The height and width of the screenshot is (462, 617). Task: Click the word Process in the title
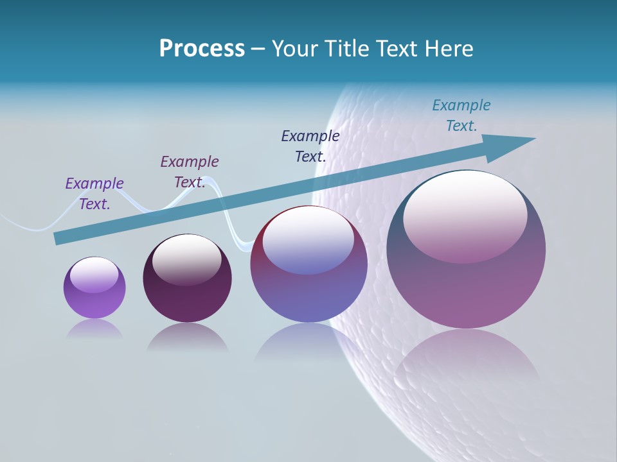point(202,49)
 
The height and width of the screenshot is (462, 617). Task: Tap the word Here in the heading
point(448,49)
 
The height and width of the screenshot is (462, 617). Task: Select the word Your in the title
point(294,49)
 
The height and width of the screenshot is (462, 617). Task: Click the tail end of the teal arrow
point(57,238)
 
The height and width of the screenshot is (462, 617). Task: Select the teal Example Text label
point(461,116)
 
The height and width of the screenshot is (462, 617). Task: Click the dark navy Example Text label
point(310,146)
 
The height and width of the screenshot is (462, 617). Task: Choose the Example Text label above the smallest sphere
point(94,193)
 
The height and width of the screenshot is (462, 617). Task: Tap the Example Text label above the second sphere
point(190,171)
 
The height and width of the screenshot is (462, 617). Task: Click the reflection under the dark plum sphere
point(187,338)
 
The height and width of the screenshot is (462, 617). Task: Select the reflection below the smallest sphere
point(94,329)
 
